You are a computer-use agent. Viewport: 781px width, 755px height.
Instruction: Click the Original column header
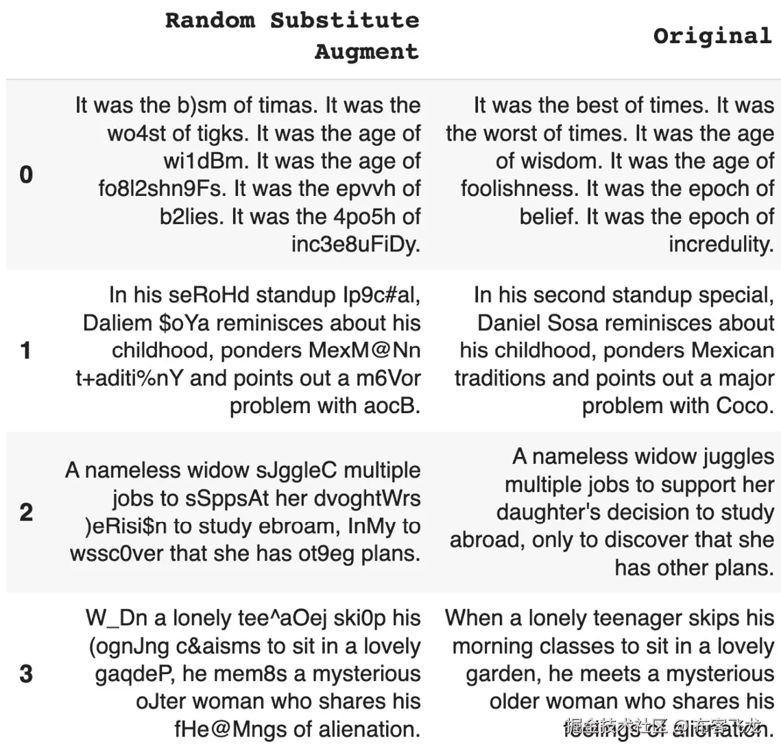pyautogui.click(x=712, y=36)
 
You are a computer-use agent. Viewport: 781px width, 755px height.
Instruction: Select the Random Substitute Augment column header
pyautogui.click(x=292, y=36)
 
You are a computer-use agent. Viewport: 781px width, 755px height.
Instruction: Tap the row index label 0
pyautogui.click(x=26, y=175)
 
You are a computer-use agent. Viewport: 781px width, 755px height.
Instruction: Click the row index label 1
pyautogui.click(x=26, y=351)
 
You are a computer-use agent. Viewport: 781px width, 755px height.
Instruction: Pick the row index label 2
pyautogui.click(x=26, y=512)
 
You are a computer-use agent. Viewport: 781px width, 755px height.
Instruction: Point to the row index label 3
pyautogui.click(x=26, y=673)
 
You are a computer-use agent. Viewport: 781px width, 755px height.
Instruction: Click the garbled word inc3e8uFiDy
pyautogui.click(x=356, y=245)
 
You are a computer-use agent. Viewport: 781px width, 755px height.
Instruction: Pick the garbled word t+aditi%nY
pyautogui.click(x=130, y=378)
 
